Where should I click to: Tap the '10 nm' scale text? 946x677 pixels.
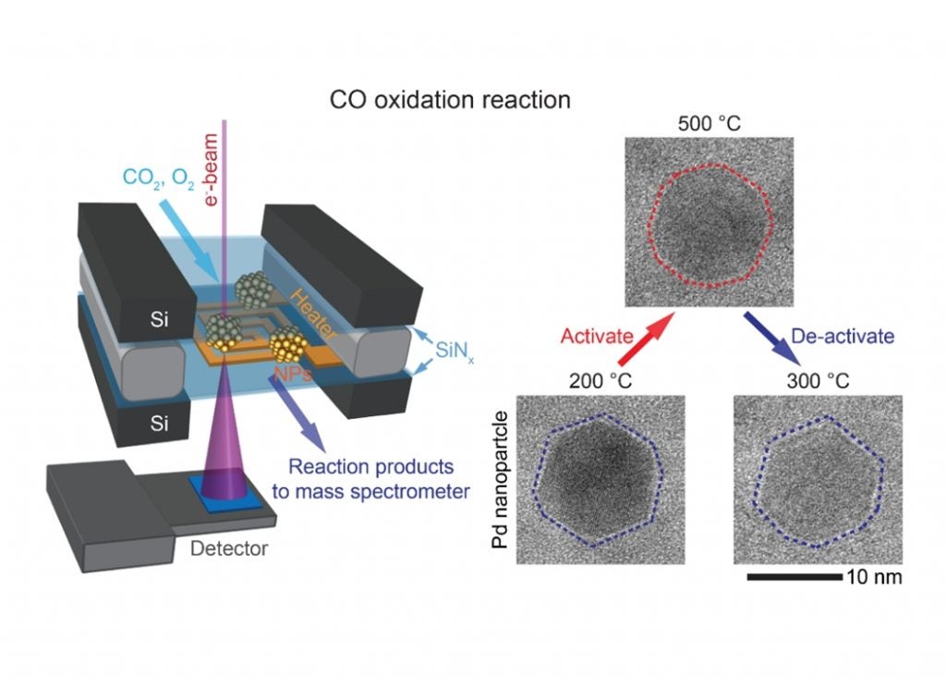(872, 578)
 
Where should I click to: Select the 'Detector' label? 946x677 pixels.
(229, 548)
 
